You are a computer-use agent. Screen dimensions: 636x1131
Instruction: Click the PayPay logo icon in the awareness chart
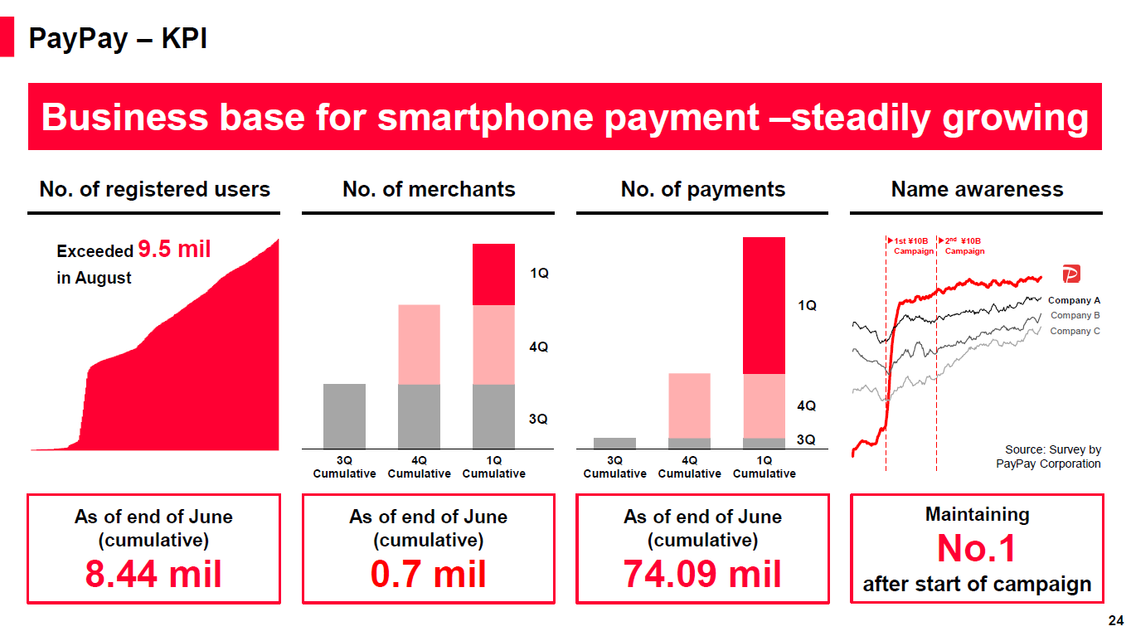click(1071, 274)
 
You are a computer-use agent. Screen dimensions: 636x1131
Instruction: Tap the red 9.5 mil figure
click(174, 249)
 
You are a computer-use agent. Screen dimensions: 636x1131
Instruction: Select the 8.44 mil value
click(153, 574)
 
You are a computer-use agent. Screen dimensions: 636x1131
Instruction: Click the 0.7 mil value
click(428, 574)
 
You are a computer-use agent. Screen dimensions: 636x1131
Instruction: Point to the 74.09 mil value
click(702, 574)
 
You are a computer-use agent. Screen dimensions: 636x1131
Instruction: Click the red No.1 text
click(976, 548)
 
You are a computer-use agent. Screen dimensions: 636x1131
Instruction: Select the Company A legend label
click(1074, 300)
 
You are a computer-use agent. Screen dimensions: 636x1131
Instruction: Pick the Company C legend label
click(1075, 331)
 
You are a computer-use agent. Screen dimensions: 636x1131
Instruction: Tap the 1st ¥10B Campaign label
click(911, 245)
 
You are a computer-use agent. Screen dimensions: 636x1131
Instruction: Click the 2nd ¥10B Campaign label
click(964, 245)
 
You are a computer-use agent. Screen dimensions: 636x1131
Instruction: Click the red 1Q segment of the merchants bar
click(493, 274)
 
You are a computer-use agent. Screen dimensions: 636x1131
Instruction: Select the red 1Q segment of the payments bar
click(764, 305)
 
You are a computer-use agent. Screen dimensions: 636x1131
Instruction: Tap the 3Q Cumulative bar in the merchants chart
click(344, 416)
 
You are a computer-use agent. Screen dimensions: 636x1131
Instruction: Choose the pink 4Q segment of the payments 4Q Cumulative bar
click(689, 405)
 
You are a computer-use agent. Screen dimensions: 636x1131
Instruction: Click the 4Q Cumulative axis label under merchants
click(419, 467)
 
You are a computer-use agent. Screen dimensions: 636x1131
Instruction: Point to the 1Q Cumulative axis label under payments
click(764, 467)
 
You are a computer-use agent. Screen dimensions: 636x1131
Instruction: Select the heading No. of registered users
click(155, 189)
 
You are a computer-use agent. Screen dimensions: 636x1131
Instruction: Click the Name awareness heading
click(977, 189)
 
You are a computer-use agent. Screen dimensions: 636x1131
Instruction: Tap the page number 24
click(1116, 620)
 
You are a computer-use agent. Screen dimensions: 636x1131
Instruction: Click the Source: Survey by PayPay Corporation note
click(1048, 457)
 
